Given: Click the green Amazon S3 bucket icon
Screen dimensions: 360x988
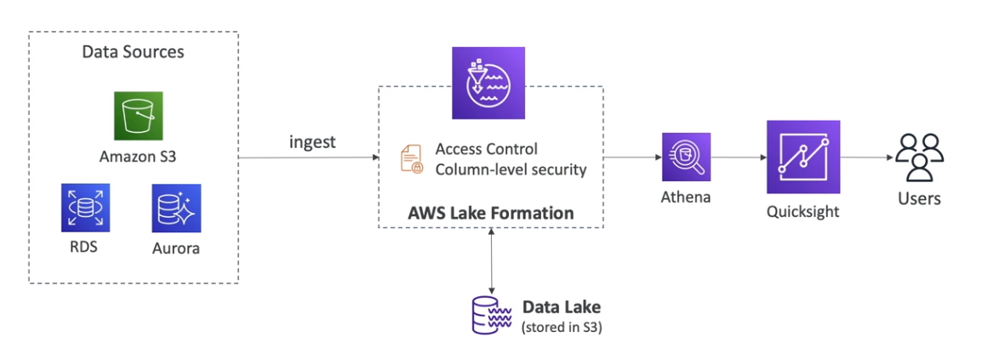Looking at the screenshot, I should point(138,117).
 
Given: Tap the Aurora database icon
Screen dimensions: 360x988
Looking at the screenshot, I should point(176,208).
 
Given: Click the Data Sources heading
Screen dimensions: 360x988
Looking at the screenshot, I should point(133,52).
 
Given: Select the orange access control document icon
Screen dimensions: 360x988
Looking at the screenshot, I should point(411,159).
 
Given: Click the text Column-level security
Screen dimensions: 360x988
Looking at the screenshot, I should point(511,169).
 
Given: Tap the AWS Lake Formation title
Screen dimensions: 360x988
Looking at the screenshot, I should point(490,213).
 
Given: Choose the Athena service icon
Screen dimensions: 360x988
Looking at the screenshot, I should point(686,157).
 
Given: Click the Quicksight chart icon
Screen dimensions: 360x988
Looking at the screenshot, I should point(802,157).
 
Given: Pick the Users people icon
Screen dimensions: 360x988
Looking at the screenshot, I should point(919,157).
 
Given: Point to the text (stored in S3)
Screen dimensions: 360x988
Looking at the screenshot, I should point(561,327).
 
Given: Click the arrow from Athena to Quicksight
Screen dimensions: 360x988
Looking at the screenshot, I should point(737,157).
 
